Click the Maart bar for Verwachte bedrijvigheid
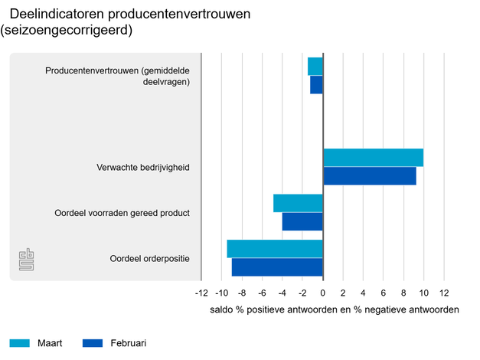[373, 158]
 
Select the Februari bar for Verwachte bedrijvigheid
[369, 175]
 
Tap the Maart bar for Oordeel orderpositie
[275, 249]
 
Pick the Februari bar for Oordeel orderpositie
[277, 267]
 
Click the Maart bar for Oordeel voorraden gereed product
[298, 203]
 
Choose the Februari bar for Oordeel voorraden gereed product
[302, 221]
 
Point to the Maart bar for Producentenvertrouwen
[315, 67]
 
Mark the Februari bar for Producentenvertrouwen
[316, 84]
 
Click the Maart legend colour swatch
[20, 342]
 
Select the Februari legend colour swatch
[93, 342]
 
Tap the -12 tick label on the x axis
[201, 293]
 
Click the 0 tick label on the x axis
[323, 293]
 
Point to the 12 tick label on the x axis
[443, 293]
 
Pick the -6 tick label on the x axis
[262, 293]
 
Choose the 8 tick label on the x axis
[403, 293]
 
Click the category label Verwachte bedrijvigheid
[142, 167]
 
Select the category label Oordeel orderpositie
[149, 258]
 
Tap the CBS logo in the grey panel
[27, 260]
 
